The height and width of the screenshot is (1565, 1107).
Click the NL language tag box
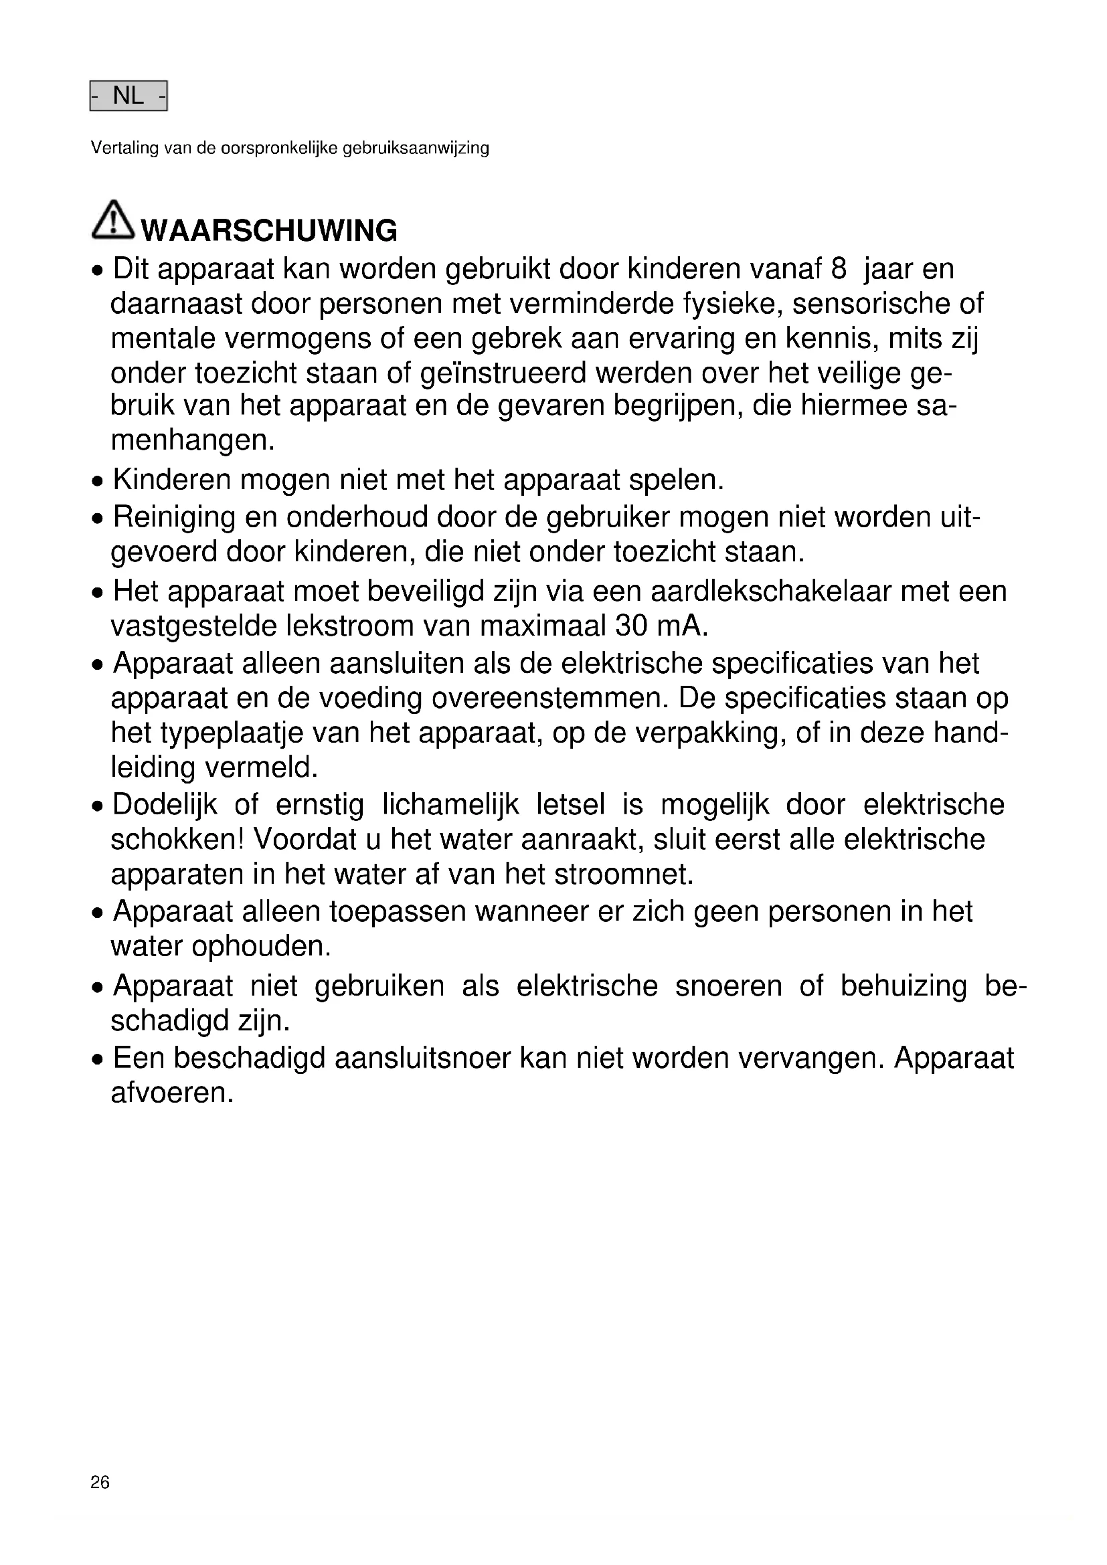coord(128,96)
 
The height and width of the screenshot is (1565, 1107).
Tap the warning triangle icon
coord(112,220)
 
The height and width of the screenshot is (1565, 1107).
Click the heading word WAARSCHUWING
coord(269,231)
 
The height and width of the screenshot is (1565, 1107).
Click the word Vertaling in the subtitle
coord(124,148)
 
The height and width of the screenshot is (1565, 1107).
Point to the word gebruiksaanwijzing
coord(416,149)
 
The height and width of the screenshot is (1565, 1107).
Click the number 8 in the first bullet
coord(839,269)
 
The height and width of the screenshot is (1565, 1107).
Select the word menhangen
coord(192,441)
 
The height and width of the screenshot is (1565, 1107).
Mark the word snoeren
coord(729,986)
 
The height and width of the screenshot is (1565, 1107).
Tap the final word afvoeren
coord(172,1093)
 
